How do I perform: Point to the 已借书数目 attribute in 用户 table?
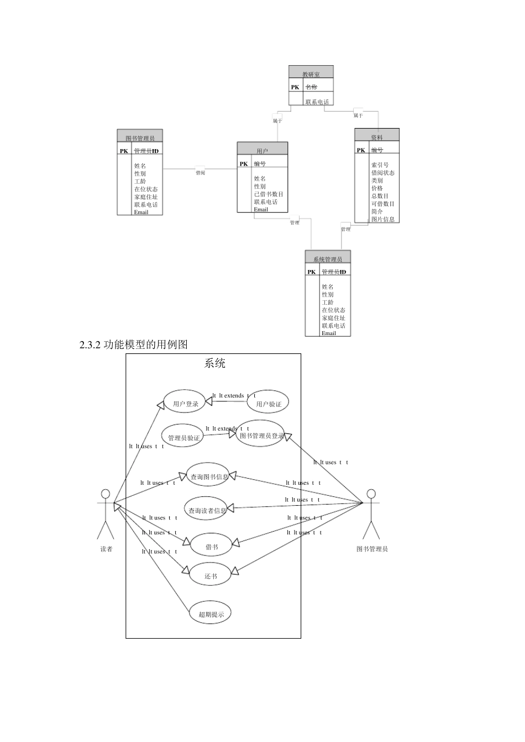[x=269, y=194]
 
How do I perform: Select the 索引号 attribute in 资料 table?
[x=380, y=165]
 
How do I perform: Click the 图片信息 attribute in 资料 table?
[x=383, y=219]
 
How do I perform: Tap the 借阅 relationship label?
[x=200, y=172]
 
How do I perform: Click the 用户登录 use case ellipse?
[x=185, y=404]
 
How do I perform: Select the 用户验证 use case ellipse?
[x=268, y=404]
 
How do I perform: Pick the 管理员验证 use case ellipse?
[x=183, y=437]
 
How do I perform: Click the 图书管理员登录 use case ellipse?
[x=261, y=435]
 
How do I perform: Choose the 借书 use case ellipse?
[x=211, y=547]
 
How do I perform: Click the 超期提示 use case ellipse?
[x=210, y=613]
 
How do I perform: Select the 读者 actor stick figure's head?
[x=106, y=493]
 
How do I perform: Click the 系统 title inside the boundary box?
[x=215, y=363]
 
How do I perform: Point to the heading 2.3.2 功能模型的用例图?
[x=134, y=345]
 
